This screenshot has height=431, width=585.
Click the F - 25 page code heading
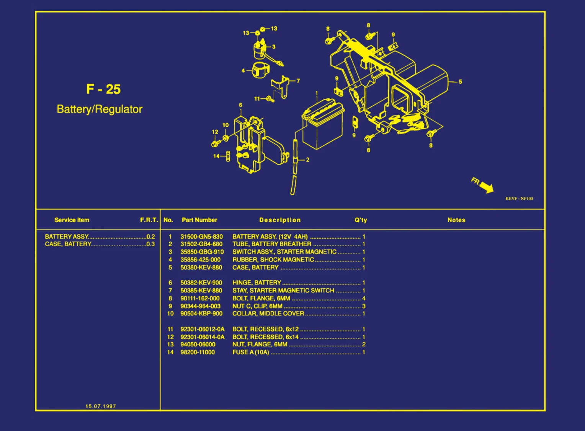pyautogui.click(x=103, y=89)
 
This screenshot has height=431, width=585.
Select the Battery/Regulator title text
pyautogui.click(x=100, y=109)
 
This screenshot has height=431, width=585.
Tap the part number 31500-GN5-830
pyautogui.click(x=201, y=237)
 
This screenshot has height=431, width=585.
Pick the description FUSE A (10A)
pyautogui.click(x=251, y=352)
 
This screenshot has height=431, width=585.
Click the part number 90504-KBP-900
pyautogui.click(x=201, y=314)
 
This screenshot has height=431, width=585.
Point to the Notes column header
pyautogui.click(x=456, y=220)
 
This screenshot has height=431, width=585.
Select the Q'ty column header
pyautogui.click(x=361, y=220)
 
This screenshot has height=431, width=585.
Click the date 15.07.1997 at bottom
pyautogui.click(x=101, y=406)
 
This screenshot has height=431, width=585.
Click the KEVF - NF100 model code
pyautogui.click(x=519, y=198)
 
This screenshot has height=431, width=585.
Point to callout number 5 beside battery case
pyautogui.click(x=460, y=81)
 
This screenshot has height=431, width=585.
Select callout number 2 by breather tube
pyautogui.click(x=307, y=160)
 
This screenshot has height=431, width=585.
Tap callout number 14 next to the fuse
pyautogui.click(x=216, y=156)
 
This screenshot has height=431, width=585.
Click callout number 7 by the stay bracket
pyautogui.click(x=298, y=81)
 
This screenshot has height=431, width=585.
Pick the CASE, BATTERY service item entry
pyautogui.click(x=68, y=244)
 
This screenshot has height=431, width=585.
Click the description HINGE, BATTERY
pyautogui.click(x=257, y=283)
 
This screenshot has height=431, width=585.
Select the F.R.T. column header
pyautogui.click(x=149, y=220)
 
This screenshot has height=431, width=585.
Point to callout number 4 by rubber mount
pyautogui.click(x=243, y=71)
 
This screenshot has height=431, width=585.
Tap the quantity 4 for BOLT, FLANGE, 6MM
pyautogui.click(x=364, y=298)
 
